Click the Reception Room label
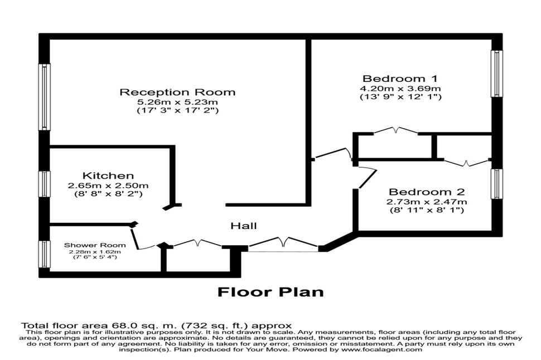(177, 92)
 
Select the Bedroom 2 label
(427, 191)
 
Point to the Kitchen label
(108, 176)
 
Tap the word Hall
(244, 226)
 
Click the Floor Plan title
(270, 291)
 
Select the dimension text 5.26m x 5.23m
(177, 102)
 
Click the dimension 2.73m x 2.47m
(427, 201)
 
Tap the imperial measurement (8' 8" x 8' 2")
(108, 194)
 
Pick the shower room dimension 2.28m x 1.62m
(95, 251)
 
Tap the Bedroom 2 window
(495, 183)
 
